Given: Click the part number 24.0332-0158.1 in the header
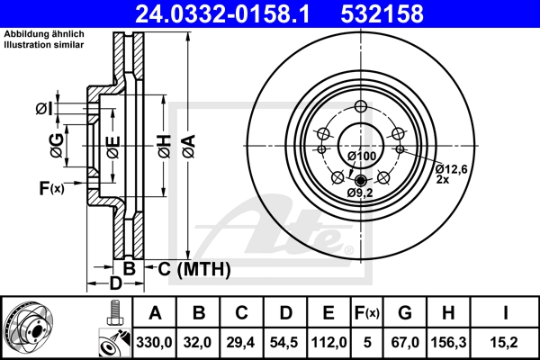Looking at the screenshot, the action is pyautogui.click(x=223, y=13).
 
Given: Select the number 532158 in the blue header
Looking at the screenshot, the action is pyautogui.click(x=382, y=13).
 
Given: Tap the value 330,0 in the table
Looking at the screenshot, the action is pyautogui.click(x=154, y=342).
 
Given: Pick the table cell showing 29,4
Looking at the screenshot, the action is pyautogui.click(x=240, y=342).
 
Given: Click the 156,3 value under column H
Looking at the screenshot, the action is pyautogui.click(x=449, y=342).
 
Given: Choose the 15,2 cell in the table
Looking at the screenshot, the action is pyautogui.click(x=506, y=342).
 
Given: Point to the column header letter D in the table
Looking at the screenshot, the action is pyautogui.click(x=286, y=313).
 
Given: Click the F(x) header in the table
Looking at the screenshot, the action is pyautogui.click(x=367, y=313).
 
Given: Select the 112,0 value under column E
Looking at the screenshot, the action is pyautogui.click(x=328, y=342).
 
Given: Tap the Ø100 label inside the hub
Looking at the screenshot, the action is pyautogui.click(x=362, y=156).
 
